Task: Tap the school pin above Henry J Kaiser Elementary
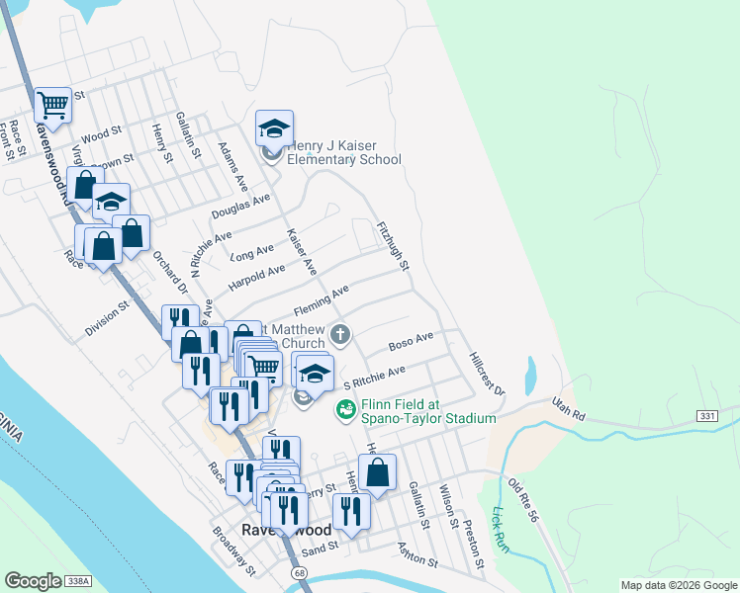(274, 128)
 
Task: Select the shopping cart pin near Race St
(52, 105)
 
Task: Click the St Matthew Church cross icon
(339, 334)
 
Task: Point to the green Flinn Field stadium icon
(345, 408)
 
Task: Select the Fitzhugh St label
(393, 247)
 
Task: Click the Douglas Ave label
(240, 206)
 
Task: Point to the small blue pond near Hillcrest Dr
(529, 374)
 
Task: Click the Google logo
(33, 581)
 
